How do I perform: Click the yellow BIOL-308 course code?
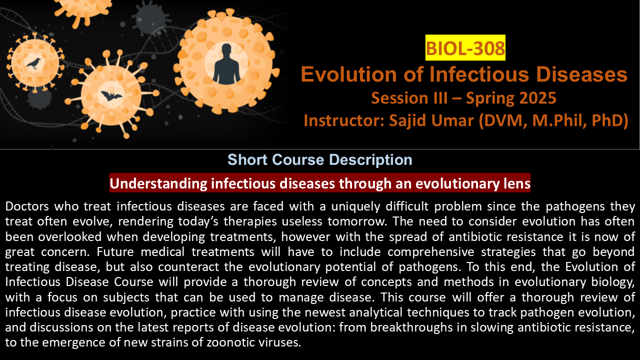pyautogui.click(x=465, y=47)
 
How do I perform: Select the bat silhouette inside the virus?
pyautogui.click(x=111, y=96)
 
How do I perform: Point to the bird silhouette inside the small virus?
pyautogui.click(x=33, y=63)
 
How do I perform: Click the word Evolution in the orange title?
pyautogui.click(x=349, y=74)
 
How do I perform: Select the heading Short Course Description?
pyautogui.click(x=320, y=159)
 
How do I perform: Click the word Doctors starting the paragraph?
pyautogui.click(x=27, y=206)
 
